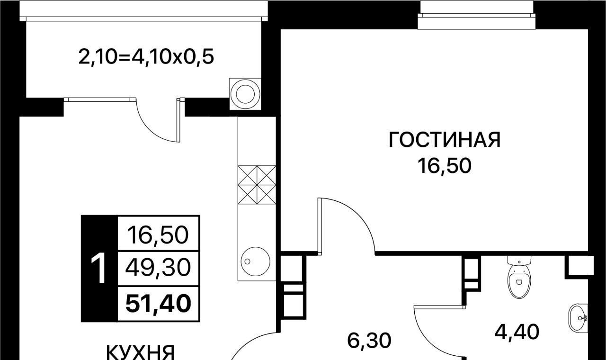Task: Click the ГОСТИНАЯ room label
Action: coord(445,140)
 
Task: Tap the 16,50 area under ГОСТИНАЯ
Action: coord(445,166)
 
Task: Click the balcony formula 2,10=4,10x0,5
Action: coord(146,57)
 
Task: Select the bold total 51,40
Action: coord(159,304)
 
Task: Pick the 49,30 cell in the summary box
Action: coord(158,268)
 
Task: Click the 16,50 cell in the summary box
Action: coord(158,234)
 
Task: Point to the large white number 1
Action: coord(98,268)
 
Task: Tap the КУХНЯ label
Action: coord(141,353)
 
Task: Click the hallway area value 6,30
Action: coord(369,341)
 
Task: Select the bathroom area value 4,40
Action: coord(517,332)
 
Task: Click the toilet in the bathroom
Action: coord(519,281)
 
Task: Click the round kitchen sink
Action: coord(255,261)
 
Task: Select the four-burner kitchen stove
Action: coord(257,185)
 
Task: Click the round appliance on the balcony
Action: coord(245,94)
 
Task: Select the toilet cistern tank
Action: coord(519,261)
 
